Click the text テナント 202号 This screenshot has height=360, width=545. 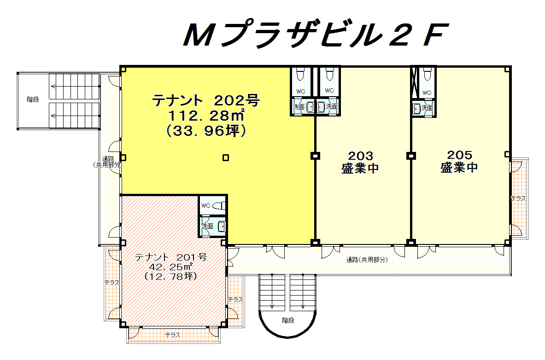click(206, 101)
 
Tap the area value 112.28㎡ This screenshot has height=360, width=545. click(206, 116)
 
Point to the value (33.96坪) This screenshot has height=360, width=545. click(206, 131)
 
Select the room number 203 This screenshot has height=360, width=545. click(360, 155)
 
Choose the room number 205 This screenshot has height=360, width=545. click(459, 155)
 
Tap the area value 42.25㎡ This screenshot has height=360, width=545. click(170, 267)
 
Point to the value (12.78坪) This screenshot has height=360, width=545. click(170, 276)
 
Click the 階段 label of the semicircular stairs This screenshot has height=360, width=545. click(288, 320)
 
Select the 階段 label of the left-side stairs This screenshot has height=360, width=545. click(33, 100)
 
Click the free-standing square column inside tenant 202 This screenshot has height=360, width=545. click(226, 158)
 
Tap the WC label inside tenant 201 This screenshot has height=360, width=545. click(206, 206)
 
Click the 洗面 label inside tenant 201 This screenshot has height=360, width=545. click(207, 226)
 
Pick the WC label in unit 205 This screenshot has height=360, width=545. click(427, 93)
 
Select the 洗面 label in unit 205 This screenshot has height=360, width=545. click(427, 108)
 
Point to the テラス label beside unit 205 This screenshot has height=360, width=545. click(518, 198)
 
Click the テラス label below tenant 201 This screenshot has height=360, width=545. click(173, 335)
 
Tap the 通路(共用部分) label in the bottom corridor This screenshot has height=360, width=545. click(367, 260)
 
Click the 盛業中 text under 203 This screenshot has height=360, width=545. click(360, 168)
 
